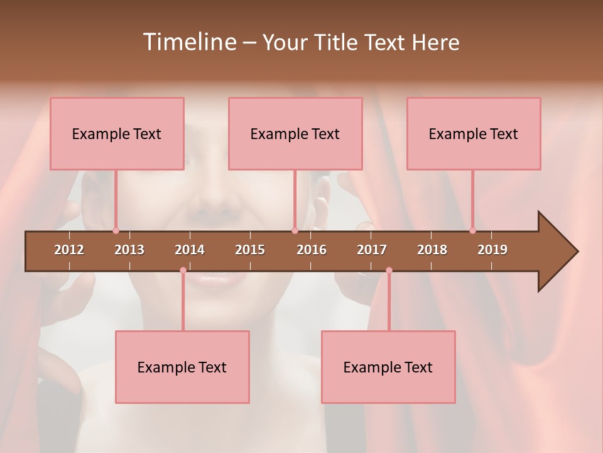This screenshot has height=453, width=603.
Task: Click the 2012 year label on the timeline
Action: coord(69,250)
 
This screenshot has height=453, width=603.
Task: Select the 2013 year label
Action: coord(129,250)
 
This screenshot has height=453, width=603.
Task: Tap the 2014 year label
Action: coord(190,250)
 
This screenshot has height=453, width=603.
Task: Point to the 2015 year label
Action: coord(250,250)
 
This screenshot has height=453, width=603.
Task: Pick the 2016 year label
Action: coord(312,250)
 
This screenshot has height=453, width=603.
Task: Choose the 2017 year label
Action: coord(372,250)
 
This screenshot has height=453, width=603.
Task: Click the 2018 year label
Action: coord(432,250)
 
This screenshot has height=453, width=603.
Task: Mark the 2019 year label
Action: coord(492,250)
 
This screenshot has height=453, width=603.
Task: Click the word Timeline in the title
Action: coord(189,42)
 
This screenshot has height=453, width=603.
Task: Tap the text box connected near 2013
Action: coord(117,133)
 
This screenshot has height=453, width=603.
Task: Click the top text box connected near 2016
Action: coord(295,133)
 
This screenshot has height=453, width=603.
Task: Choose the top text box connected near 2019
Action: coord(474,133)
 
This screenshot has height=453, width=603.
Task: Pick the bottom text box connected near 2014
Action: coord(182,367)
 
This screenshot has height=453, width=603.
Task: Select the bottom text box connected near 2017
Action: coord(388,367)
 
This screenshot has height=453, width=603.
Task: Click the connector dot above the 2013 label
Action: coord(116,231)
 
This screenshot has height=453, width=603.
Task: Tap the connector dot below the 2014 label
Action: coord(183,271)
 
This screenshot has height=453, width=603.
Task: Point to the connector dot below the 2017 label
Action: coord(389,271)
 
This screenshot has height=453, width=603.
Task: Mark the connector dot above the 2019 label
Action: coord(473,231)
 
